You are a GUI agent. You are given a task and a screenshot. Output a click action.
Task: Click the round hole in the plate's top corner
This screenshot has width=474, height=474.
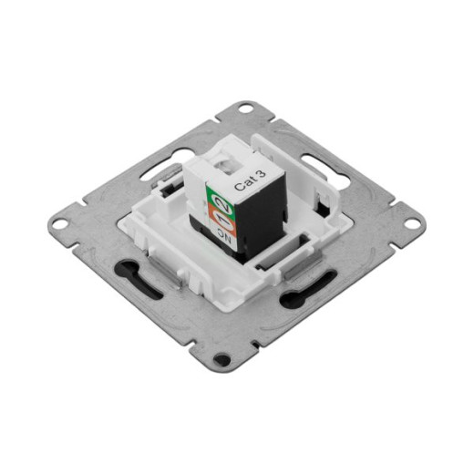point(243,108)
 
